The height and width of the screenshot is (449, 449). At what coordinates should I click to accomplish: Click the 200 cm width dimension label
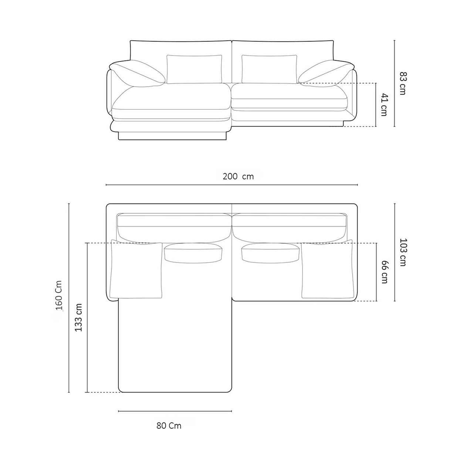[x=238, y=176]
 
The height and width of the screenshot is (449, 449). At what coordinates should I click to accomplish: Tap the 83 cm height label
[x=403, y=84]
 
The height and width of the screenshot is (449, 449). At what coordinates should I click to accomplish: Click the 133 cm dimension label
[x=79, y=317]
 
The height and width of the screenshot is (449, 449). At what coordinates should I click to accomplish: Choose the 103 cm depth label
[x=403, y=252]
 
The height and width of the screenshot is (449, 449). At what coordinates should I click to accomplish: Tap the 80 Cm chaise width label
[x=169, y=426]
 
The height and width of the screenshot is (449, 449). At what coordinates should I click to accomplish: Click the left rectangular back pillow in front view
[x=194, y=69]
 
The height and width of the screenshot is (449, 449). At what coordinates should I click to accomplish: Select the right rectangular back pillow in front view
[x=269, y=69]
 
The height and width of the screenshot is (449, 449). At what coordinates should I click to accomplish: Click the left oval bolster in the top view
[x=193, y=253]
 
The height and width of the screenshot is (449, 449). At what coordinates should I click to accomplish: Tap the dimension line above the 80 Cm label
[x=175, y=411]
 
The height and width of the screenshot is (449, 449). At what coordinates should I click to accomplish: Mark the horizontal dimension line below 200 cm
[x=232, y=184]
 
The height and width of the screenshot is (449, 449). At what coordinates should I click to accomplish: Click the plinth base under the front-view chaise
[x=172, y=136]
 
